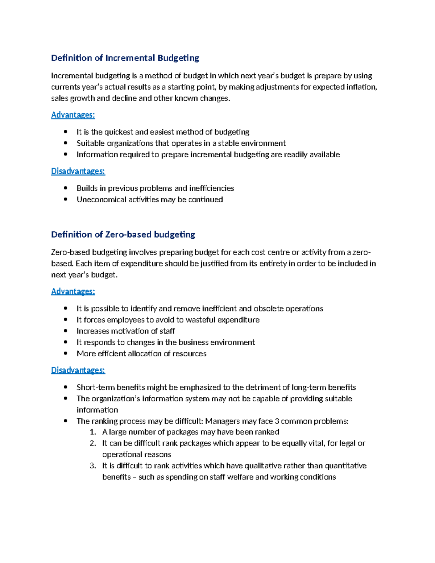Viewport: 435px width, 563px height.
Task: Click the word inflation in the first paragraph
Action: pyautogui.click(x=363, y=87)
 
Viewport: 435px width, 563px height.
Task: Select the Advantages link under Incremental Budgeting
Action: pyautogui.click(x=73, y=115)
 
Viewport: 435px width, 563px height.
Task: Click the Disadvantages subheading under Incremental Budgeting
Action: pyautogui.click(x=78, y=171)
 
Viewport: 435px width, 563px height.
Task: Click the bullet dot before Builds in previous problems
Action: pyautogui.click(x=66, y=188)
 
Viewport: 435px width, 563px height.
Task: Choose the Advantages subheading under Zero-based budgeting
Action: pyautogui.click(x=73, y=291)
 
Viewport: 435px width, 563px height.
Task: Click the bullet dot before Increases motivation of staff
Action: pyautogui.click(x=66, y=331)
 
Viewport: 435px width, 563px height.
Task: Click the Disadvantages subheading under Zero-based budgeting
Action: pyautogui.click(x=78, y=370)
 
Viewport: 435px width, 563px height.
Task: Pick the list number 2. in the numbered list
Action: pyautogui.click(x=93, y=443)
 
